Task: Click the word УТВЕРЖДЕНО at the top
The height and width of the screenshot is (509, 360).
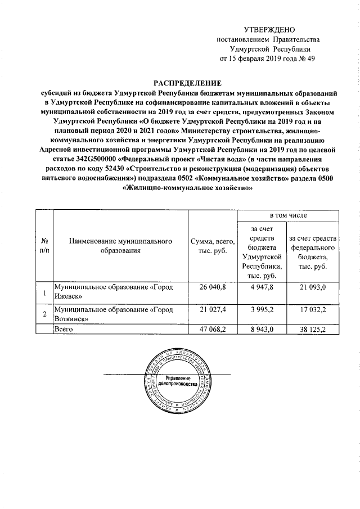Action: [269, 29]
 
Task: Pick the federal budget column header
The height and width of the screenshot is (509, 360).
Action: [312, 250]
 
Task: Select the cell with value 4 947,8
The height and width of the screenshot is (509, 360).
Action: [262, 287]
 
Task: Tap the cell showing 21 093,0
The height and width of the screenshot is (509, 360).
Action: [313, 287]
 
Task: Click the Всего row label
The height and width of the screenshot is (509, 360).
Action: [61, 330]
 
